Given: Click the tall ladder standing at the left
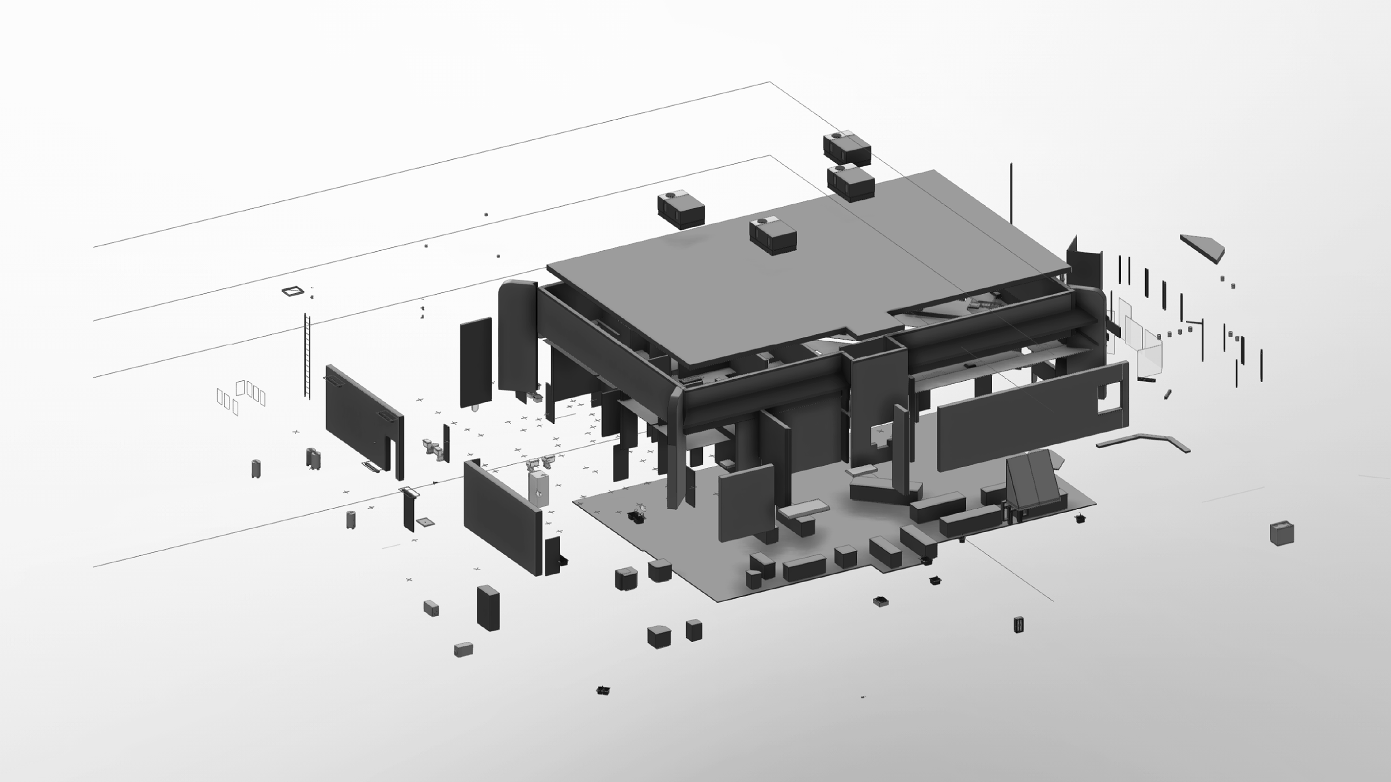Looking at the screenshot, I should (307, 356).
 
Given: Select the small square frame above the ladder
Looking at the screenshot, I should (293, 291).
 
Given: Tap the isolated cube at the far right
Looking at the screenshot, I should (1282, 533).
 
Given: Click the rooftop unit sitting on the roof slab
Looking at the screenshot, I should (773, 236).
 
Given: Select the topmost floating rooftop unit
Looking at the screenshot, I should (847, 148).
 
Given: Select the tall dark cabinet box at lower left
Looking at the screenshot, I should (488, 608).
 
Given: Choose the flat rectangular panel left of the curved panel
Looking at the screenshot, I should (475, 362).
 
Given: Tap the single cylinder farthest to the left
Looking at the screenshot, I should (256, 468).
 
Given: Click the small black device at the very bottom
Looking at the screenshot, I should (603, 690).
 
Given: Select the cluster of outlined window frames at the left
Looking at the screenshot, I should (241, 394).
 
